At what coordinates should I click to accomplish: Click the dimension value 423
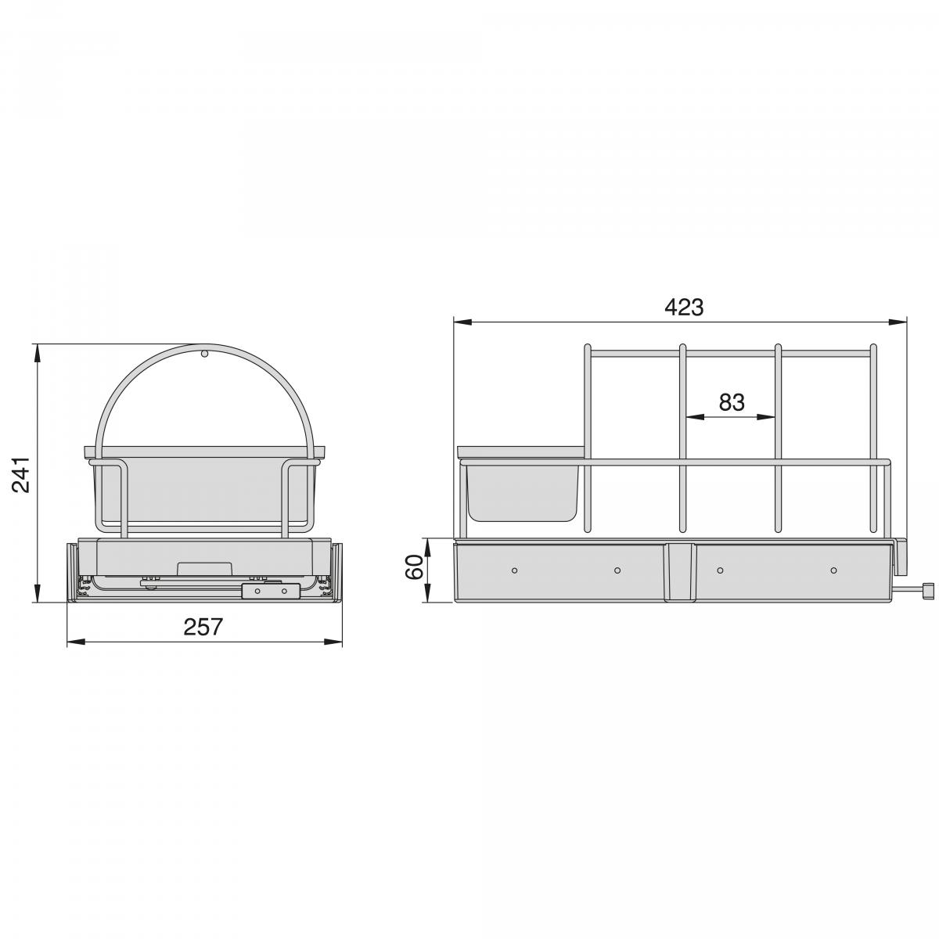[x=684, y=308]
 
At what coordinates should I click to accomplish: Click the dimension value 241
[x=22, y=474]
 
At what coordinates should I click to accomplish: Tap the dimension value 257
[x=203, y=627]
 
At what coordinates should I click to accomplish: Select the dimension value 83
[x=731, y=402]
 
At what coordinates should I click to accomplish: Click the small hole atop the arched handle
[x=204, y=354]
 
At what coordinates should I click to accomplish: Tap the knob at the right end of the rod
[x=929, y=592]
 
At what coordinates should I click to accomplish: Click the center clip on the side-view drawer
[x=679, y=572]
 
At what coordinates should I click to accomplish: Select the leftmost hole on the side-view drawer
[x=514, y=570]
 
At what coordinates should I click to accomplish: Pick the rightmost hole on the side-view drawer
[x=833, y=570]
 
